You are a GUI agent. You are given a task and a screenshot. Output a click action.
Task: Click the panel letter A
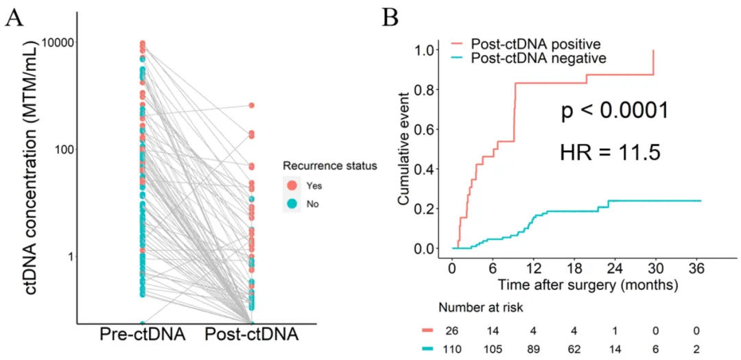pyautogui.click(x=14, y=19)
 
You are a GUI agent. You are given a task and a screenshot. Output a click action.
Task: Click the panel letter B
pyautogui.click(x=390, y=19)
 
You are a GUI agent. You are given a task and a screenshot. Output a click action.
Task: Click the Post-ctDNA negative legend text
pyautogui.click(x=539, y=58)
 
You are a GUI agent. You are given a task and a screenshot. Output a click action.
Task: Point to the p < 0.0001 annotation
pyautogui.click(x=615, y=111)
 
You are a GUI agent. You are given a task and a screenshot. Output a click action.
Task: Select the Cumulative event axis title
pyautogui.click(x=405, y=148)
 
